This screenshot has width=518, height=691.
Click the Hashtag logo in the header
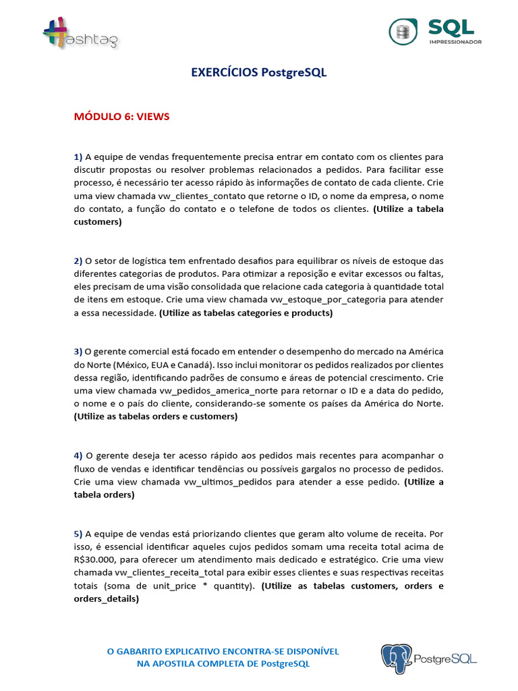80,33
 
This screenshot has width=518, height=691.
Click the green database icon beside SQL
403,32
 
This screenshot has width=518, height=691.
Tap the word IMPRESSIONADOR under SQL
456,41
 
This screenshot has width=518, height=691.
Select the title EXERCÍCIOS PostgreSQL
258,73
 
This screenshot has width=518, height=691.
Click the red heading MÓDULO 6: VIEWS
121,117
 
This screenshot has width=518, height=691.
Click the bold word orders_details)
107,599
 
